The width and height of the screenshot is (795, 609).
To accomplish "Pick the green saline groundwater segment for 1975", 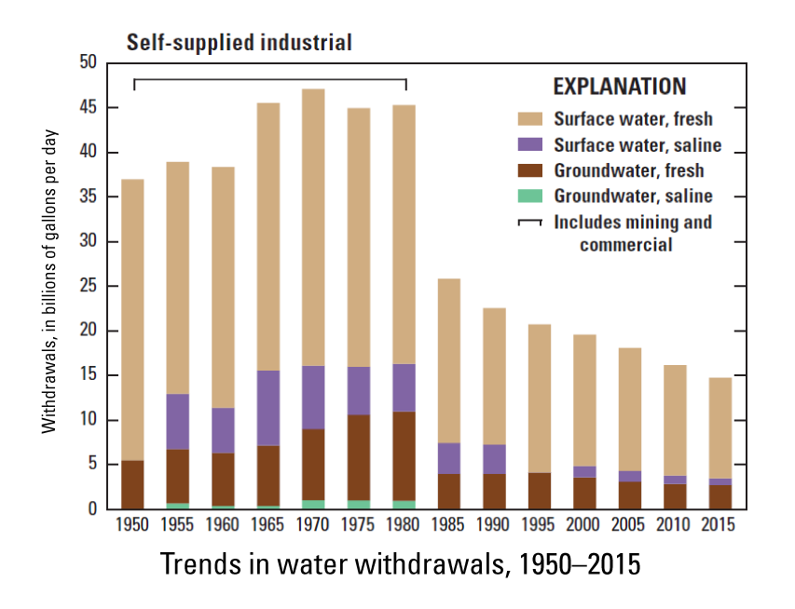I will pyautogui.click(x=358, y=505).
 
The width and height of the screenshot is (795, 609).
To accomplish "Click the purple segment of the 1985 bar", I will pyautogui.click(x=448, y=458).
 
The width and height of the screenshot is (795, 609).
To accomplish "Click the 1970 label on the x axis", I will pyautogui.click(x=312, y=525).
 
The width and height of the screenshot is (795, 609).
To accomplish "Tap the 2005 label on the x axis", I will pyautogui.click(x=627, y=525).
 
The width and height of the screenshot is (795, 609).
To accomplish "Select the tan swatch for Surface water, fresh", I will pyautogui.click(x=530, y=119).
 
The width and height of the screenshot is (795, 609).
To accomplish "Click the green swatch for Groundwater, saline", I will pyautogui.click(x=530, y=196).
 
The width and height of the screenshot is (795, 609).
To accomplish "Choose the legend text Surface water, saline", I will pyautogui.click(x=637, y=145).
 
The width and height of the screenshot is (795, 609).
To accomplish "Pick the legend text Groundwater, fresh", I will pyautogui.click(x=628, y=171).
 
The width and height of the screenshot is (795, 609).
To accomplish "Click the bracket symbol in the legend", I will pyautogui.click(x=530, y=223).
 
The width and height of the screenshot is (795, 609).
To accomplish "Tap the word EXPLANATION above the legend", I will pyautogui.click(x=620, y=87).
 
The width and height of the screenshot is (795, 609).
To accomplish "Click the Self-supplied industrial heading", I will pyautogui.click(x=240, y=42).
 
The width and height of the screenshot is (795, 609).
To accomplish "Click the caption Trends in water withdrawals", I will pyautogui.click(x=401, y=564).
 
